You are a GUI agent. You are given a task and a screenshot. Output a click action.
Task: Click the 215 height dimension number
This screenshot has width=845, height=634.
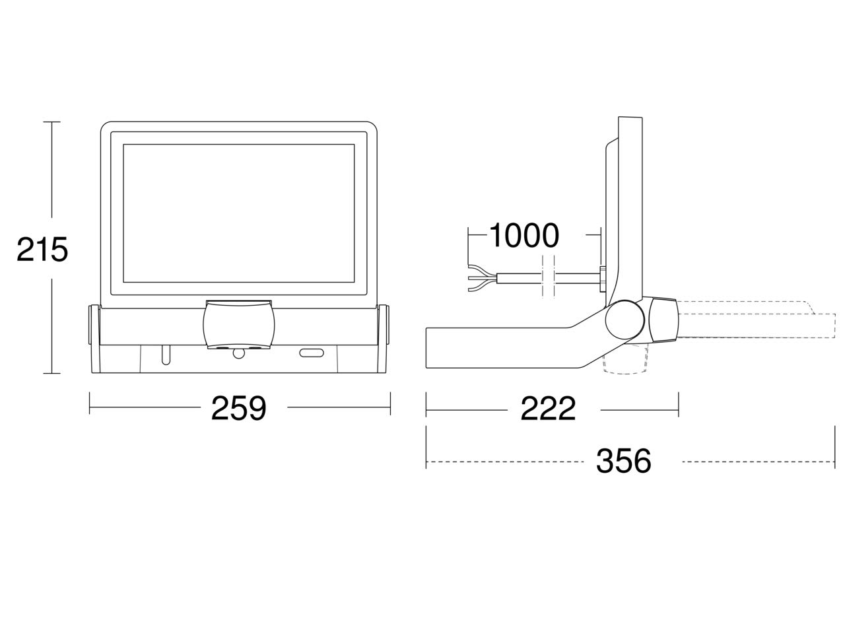[42, 250]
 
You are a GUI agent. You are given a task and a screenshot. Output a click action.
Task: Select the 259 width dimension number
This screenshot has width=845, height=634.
[239, 408]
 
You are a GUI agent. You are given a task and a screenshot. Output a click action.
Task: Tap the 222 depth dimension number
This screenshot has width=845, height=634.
[548, 409]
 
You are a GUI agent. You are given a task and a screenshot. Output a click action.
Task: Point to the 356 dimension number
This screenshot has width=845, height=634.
[624, 461]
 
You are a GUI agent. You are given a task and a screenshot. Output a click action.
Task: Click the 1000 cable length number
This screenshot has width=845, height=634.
[524, 235]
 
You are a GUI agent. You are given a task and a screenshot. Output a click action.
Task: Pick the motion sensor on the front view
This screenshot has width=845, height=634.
[239, 324]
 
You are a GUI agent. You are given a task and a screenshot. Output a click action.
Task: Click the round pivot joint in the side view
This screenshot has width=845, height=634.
[625, 320]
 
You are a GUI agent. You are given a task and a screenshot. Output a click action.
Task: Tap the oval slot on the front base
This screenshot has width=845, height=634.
[312, 353]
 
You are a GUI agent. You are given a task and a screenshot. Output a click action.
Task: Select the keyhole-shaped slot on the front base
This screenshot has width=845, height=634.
[166, 355]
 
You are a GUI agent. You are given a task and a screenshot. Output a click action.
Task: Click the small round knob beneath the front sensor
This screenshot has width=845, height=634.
[239, 353]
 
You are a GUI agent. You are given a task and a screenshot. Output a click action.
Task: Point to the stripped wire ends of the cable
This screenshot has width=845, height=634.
[482, 278]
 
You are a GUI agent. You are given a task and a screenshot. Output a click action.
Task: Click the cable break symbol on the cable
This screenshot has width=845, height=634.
[548, 277]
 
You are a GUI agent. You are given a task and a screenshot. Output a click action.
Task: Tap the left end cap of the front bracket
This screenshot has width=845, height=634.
[94, 324]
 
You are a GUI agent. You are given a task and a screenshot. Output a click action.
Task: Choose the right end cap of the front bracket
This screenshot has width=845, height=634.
[384, 324]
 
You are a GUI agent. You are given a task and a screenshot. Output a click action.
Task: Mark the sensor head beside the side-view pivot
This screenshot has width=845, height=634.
[663, 319]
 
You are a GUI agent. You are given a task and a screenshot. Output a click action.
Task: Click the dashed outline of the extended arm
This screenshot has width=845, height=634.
[757, 320]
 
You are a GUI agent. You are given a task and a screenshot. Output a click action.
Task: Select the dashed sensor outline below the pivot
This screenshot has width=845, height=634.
[626, 360]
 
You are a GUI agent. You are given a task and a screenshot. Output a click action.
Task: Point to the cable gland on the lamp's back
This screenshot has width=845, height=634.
[603, 279]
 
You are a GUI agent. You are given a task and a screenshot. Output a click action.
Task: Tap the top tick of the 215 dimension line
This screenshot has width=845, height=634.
[51, 122]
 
